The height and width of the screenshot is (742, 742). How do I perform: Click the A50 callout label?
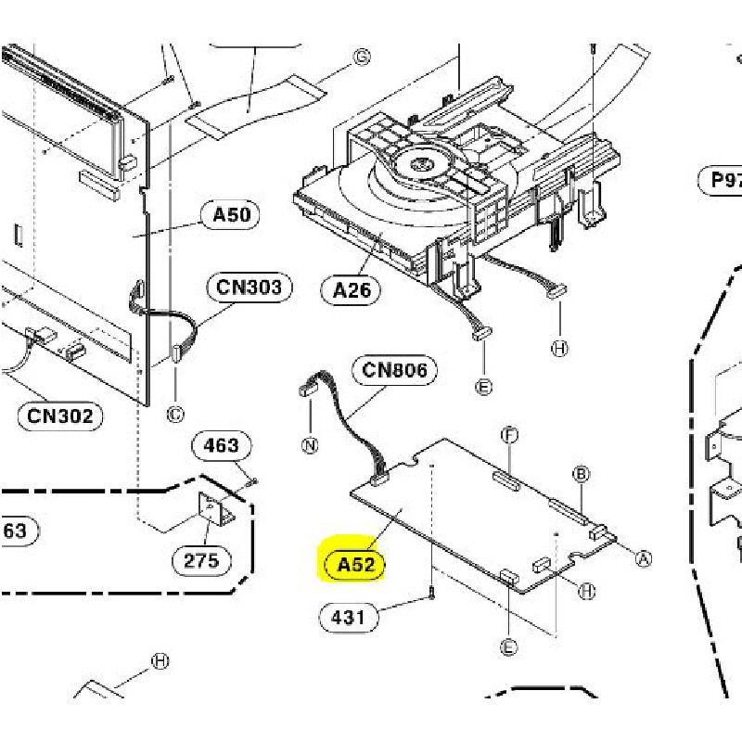tap(231, 215)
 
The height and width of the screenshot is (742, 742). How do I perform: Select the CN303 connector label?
tap(249, 287)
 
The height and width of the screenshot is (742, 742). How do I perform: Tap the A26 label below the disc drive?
tap(352, 290)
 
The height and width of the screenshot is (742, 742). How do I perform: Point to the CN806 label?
tap(394, 371)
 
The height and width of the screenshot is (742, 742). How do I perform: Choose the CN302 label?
tap(60, 416)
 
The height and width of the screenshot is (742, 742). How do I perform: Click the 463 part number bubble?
tap(221, 445)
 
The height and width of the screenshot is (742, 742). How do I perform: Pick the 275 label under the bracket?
tap(201, 559)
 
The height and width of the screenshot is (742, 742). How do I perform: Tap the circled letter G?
tap(362, 58)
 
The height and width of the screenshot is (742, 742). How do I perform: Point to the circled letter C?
tap(175, 414)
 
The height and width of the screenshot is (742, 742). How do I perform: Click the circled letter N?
tap(310, 445)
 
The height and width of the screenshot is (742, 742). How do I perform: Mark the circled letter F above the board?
tap(508, 434)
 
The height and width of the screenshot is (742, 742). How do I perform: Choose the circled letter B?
tap(582, 475)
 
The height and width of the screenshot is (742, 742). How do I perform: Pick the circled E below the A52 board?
tap(508, 647)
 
